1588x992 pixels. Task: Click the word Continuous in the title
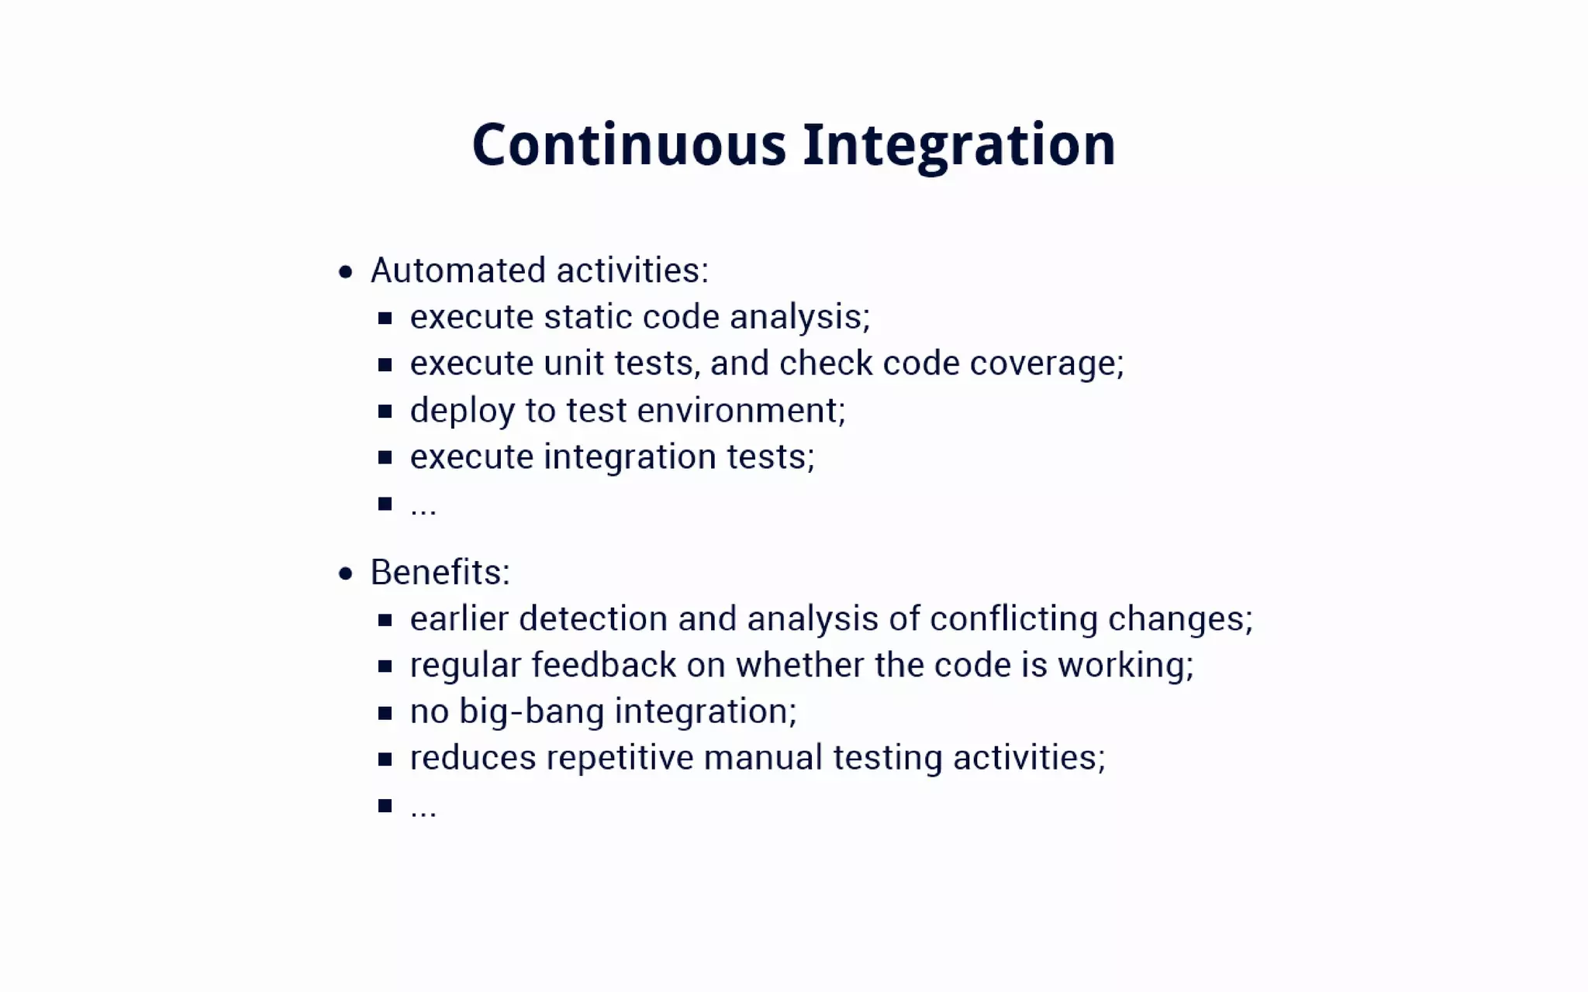[x=629, y=145]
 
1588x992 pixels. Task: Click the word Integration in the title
[x=959, y=145]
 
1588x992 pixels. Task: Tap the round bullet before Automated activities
[x=346, y=272]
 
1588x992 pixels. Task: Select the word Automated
[x=457, y=270]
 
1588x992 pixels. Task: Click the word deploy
[x=461, y=411]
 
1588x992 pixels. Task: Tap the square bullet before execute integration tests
[x=385, y=457]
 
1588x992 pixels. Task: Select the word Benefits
[x=437, y=573]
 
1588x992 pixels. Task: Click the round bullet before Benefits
[x=346, y=573]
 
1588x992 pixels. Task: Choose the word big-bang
[x=531, y=711]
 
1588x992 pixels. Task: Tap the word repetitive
[x=620, y=758]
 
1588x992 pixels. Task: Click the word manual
[x=762, y=758]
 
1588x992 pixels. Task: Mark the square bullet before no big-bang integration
[x=385, y=712]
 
